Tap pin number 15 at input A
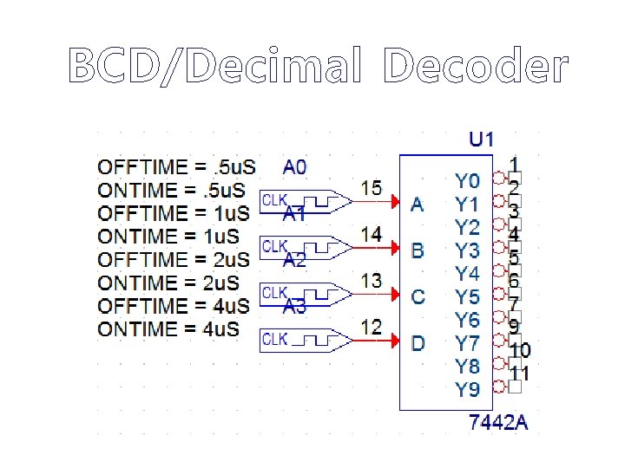[371, 187]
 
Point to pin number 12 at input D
[371, 327]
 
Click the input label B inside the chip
[418, 251]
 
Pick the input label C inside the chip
[418, 297]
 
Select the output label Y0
[467, 180]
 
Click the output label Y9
[467, 390]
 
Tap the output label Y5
[467, 297]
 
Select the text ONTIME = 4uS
[168, 329]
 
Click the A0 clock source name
[295, 166]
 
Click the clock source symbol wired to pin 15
[305, 201]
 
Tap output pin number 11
[520, 374]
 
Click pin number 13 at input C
[371, 280]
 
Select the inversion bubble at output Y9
[498, 387]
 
